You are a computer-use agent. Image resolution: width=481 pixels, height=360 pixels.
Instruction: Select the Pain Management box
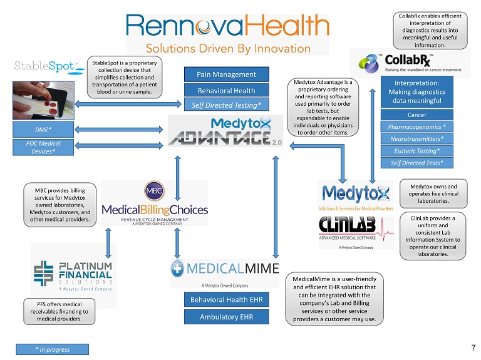[x=226, y=75]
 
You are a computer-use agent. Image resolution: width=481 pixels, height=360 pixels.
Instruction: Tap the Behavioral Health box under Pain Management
[x=226, y=90]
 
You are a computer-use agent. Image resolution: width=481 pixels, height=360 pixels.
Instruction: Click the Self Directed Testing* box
[x=226, y=105]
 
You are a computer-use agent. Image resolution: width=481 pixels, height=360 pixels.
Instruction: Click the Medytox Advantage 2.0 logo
[x=227, y=131]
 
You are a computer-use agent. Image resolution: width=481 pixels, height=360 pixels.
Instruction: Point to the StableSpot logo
[x=45, y=66]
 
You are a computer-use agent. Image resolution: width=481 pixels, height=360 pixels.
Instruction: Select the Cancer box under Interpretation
[x=416, y=115]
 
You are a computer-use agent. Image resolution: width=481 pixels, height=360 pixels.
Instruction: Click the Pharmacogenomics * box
[x=416, y=126]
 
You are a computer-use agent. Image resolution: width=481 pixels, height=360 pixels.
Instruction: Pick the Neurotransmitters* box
[x=416, y=138]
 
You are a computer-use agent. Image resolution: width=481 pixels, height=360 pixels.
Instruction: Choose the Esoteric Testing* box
[x=416, y=150]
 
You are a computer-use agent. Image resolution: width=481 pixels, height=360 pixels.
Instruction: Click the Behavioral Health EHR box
[x=226, y=300]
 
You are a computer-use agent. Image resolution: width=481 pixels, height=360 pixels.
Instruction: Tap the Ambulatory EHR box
[x=226, y=317]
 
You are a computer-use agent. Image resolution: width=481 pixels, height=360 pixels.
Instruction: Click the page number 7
[x=472, y=347]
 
